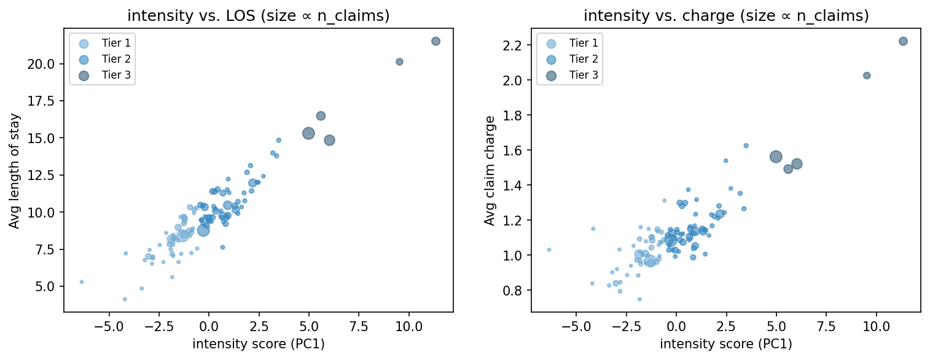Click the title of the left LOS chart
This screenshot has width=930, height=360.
pyautogui.click(x=258, y=16)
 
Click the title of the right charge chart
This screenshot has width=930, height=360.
pyautogui.click(x=726, y=16)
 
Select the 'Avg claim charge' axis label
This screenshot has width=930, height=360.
pyautogui.click(x=490, y=170)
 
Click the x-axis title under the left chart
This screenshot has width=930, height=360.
pyautogui.click(x=258, y=344)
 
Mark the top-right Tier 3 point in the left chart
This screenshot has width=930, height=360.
pyautogui.click(x=436, y=41)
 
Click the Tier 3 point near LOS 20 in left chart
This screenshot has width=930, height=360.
pyautogui.click(x=399, y=61)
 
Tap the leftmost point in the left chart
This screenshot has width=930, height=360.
pyautogui.click(x=82, y=282)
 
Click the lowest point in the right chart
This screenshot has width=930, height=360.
pyautogui.click(x=639, y=299)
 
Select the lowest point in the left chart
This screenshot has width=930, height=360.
pyautogui.click(x=125, y=299)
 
